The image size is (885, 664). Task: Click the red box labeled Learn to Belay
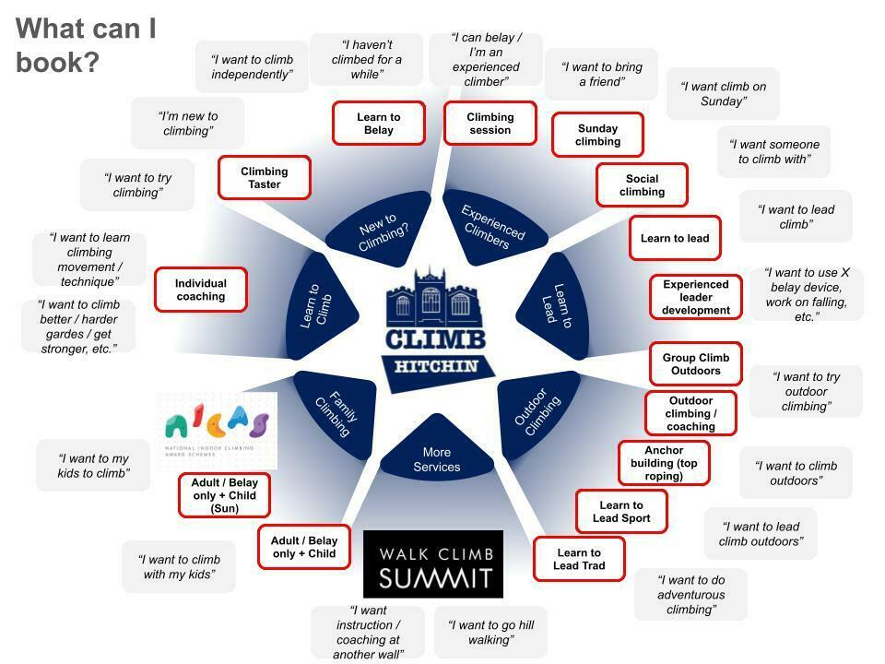tap(378, 124)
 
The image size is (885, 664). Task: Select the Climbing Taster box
tap(264, 177)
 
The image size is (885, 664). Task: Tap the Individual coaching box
tap(201, 290)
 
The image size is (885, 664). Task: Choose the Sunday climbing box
tap(597, 135)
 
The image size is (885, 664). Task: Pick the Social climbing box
tap(642, 185)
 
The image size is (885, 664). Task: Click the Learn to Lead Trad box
tap(579, 559)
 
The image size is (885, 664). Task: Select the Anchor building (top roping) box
tap(664, 464)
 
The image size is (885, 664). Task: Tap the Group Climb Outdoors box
tap(695, 364)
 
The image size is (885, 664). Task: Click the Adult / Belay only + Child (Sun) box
tap(224, 495)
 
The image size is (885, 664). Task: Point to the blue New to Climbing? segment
tap(379, 226)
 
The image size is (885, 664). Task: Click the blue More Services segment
tap(437, 454)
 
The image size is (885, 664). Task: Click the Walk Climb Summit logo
tap(433, 564)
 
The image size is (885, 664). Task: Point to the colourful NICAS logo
tap(218, 430)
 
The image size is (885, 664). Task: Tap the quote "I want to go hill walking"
tap(490, 632)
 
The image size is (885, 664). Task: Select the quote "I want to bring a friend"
tap(601, 74)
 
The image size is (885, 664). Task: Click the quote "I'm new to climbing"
tap(187, 124)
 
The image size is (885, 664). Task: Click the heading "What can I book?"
tap(86, 45)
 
